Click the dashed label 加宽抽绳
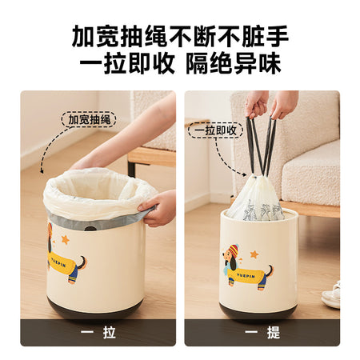click(89, 119)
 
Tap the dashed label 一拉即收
click(215, 130)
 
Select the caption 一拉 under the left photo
click(98, 332)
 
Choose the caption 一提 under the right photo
click(262, 332)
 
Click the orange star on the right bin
click(254, 254)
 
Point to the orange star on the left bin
click(65, 239)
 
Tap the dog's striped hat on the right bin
click(233, 250)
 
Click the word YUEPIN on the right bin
click(246, 276)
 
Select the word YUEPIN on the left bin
click(58, 259)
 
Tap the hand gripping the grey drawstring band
click(158, 208)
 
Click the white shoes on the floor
click(331, 295)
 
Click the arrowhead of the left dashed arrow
click(42, 170)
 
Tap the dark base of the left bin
click(94, 310)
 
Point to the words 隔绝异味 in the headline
click(234, 63)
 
